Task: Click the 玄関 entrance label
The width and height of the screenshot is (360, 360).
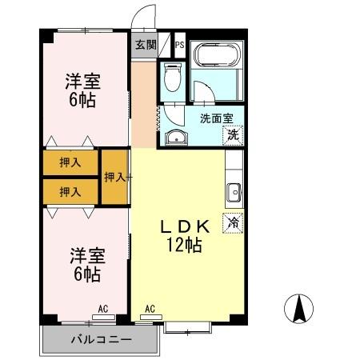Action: (145, 45)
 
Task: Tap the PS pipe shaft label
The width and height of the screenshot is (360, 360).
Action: (178, 45)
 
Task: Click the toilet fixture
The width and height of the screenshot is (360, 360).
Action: (170, 78)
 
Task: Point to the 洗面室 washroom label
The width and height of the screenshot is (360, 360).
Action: (216, 118)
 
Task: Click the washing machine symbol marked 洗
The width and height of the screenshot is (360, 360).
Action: (233, 134)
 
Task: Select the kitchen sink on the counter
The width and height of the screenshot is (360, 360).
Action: (234, 192)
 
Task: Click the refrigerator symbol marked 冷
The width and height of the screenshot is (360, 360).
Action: (234, 222)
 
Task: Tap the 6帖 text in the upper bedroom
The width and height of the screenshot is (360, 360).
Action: (83, 101)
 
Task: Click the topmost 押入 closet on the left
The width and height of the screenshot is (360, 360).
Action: (70, 162)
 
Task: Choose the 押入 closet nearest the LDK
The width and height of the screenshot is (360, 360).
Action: (114, 177)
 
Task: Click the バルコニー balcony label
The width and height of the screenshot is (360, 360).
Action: (98, 339)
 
